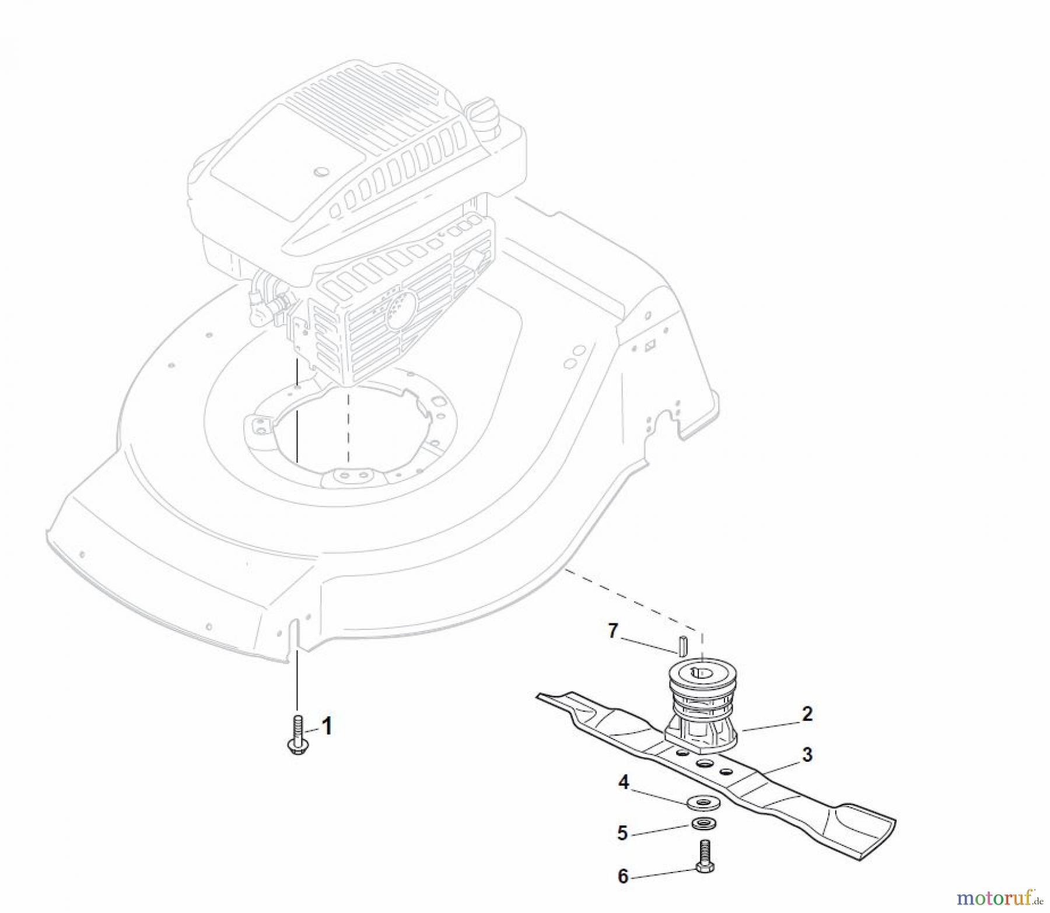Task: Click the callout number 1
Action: tap(327, 727)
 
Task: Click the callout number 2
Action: tap(807, 714)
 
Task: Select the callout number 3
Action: tap(807, 755)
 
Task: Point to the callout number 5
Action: tap(622, 833)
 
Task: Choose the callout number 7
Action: tap(612, 631)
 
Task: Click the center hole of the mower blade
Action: tap(704, 765)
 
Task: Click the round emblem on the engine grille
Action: tap(402, 304)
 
